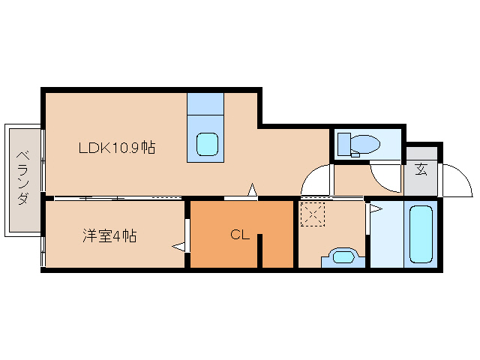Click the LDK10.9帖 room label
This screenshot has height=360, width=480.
pos(117,148)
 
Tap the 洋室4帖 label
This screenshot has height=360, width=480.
pos(109,235)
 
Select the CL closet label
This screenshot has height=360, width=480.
pos(239,235)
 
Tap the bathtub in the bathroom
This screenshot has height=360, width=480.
pos(421,233)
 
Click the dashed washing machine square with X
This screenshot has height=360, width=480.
pos(311,215)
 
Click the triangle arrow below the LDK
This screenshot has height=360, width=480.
pos(253,190)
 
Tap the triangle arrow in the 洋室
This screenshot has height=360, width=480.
pos(178,245)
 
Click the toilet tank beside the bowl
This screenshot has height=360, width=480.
pos(343,142)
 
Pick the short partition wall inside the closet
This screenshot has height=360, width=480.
pos(260,250)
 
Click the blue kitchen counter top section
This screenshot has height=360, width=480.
pos(205,103)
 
